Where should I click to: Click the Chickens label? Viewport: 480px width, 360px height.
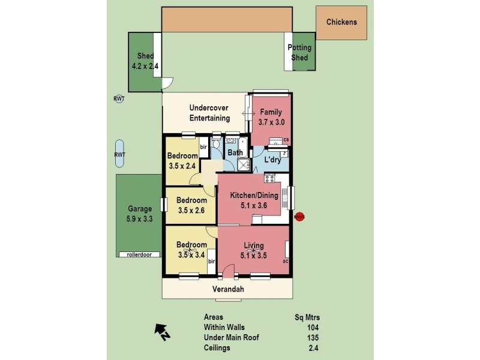click(x=341, y=22)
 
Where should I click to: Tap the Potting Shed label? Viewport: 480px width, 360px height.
click(x=299, y=53)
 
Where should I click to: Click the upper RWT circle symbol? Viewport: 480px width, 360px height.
click(x=119, y=99)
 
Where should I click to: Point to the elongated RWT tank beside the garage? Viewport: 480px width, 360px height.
click(x=119, y=154)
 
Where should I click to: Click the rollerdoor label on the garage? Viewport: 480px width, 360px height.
click(x=139, y=254)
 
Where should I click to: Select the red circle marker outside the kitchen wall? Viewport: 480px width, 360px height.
click(x=299, y=217)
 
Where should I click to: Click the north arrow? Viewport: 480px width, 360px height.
click(x=161, y=329)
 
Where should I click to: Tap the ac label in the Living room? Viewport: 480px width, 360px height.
click(x=286, y=261)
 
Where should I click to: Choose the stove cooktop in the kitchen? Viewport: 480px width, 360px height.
click(x=269, y=178)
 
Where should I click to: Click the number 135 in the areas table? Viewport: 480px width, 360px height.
click(x=312, y=337)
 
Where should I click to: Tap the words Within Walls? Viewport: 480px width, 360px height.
click(x=224, y=327)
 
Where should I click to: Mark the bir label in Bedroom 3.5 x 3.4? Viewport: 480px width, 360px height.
click(x=211, y=262)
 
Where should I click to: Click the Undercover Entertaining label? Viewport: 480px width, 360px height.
click(x=209, y=113)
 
